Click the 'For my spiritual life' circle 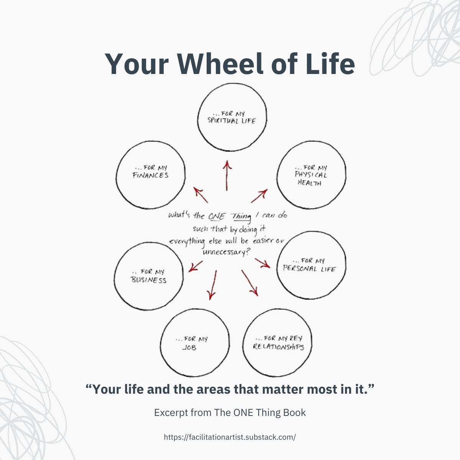[232, 117]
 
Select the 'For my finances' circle [151, 175]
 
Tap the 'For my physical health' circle [311, 175]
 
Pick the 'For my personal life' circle [311, 265]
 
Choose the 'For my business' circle [149, 276]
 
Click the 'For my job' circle [195, 342]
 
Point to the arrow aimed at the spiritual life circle [227, 176]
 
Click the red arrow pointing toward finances [201, 195]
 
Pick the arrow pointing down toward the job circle [212, 285]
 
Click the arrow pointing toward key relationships [250, 283]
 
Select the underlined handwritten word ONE [217, 216]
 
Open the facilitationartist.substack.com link [230, 437]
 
